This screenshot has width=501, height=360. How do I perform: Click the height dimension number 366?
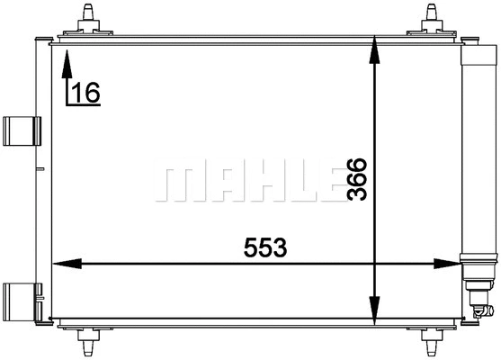pyautogui.click(x=357, y=180)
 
